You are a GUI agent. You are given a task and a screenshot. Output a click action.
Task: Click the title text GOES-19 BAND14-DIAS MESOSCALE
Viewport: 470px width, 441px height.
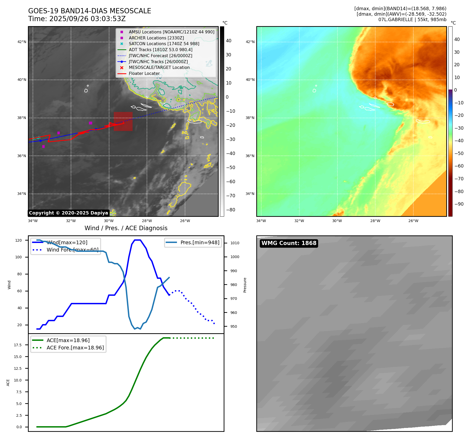coord(90,11)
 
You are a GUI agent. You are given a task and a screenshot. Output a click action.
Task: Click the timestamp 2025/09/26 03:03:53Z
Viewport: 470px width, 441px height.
coord(87,19)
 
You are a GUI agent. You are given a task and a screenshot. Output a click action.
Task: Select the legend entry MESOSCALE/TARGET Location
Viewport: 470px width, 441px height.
coord(159,68)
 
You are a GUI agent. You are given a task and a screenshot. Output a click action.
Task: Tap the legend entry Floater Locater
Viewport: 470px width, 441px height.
coord(144,74)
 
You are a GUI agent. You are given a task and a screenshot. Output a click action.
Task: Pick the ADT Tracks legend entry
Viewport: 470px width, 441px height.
coord(160,50)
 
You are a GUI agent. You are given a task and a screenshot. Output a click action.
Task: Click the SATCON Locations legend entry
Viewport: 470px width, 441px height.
coord(164,44)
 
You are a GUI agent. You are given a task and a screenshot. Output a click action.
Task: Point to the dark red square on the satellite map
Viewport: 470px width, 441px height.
coord(123,121)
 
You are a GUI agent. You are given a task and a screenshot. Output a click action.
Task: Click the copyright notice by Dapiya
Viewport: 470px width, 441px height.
coord(68,213)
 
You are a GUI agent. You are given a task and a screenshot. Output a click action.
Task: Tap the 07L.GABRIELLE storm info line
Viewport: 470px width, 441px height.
coord(412,20)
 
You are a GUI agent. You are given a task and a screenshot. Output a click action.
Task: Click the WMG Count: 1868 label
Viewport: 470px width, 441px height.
coord(289,243)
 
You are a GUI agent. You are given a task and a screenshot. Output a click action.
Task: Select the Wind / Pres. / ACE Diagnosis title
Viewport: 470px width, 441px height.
coord(126,228)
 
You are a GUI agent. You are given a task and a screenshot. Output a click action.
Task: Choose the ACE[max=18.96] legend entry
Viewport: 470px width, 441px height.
coord(68,340)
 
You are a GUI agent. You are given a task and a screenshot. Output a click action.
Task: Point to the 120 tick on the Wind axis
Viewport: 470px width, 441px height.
coord(19,240)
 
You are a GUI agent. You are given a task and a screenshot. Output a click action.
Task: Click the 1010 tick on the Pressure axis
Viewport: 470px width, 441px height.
coord(235,243)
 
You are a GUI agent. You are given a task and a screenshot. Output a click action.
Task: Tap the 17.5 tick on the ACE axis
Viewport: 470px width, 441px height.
coord(18,345)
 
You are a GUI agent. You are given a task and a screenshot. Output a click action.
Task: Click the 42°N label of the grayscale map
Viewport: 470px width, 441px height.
coord(22,42)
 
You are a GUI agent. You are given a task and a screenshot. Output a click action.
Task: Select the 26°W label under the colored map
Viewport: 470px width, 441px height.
coord(413,221)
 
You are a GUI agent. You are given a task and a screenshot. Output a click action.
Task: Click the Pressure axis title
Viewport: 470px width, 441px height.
coord(245,285)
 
